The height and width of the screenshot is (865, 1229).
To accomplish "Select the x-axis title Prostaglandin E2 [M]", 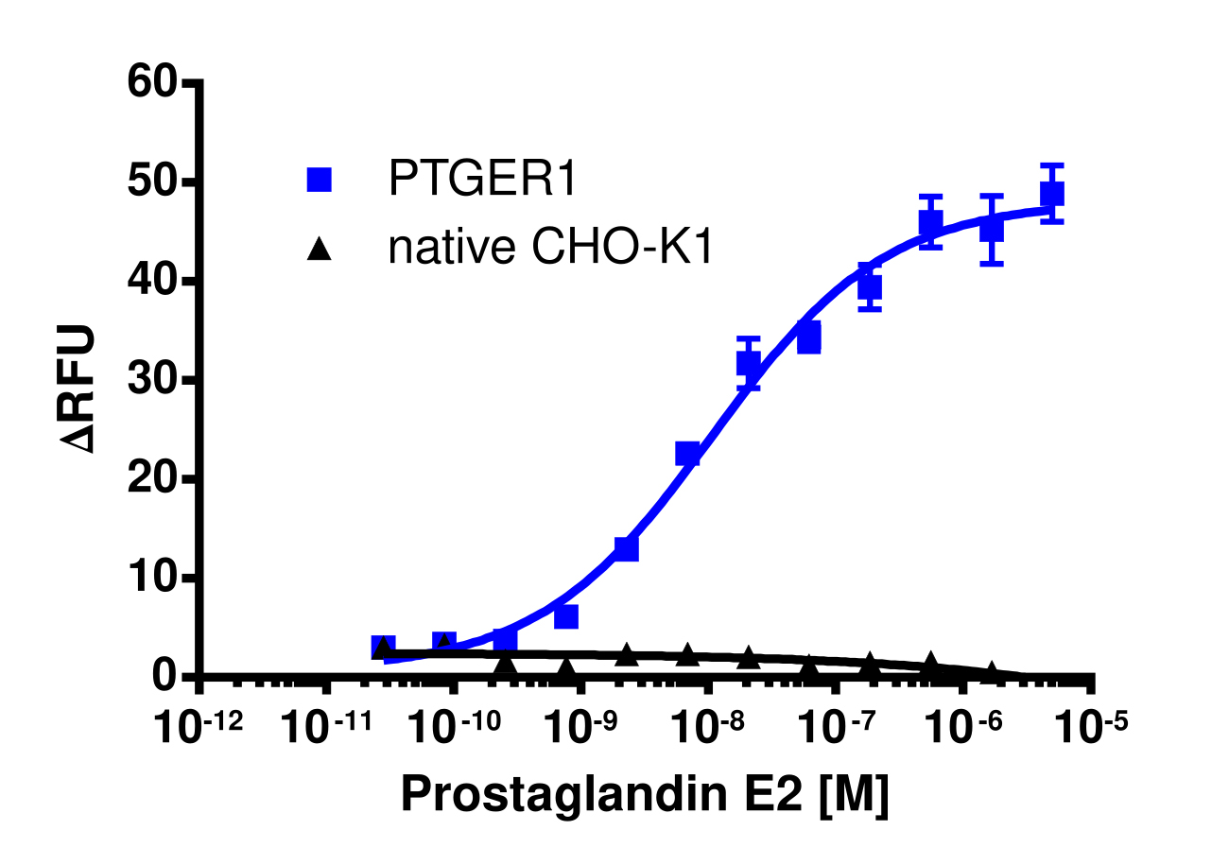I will click(x=645, y=796).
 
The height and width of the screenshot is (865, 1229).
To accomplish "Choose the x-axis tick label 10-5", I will click(x=1093, y=729).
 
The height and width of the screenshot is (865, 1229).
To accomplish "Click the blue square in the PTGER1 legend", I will click(x=320, y=180).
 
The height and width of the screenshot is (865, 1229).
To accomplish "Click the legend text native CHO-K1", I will click(x=549, y=249).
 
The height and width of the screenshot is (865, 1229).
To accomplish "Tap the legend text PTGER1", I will click(x=482, y=180).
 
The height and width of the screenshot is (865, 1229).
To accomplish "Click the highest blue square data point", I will click(x=1052, y=194).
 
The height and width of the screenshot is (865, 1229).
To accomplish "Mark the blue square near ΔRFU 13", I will click(x=626, y=548).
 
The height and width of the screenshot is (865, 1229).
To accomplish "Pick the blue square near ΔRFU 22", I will click(x=687, y=454).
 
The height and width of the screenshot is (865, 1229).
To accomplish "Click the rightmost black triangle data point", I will click(x=991, y=671).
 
